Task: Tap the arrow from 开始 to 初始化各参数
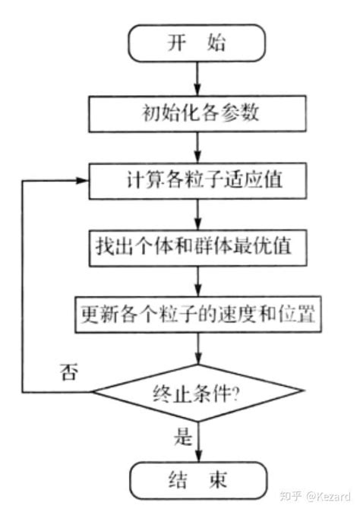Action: tap(197, 78)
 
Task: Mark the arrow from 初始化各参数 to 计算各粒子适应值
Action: tap(197, 147)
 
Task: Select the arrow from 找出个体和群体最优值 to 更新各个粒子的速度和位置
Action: tap(197, 279)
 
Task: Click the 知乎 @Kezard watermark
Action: tap(314, 495)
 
